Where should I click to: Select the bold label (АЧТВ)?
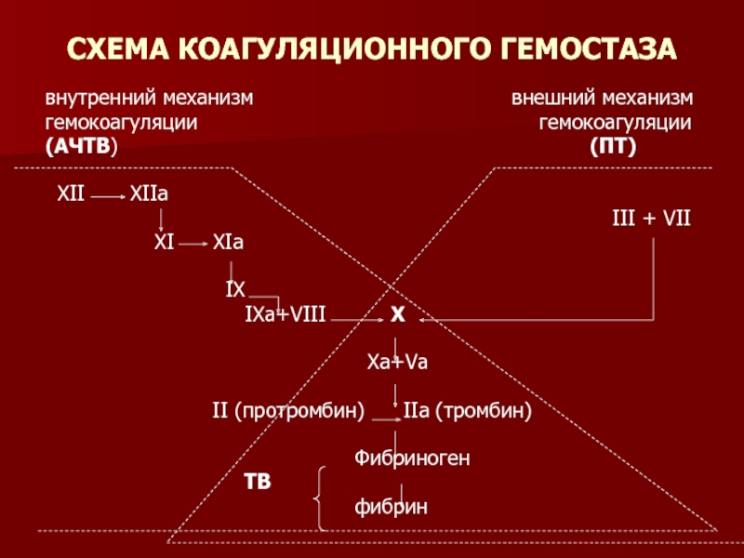82,146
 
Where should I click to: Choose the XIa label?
228,243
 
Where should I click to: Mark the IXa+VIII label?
285,315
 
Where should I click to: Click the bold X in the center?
397,316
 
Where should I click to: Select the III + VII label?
650,218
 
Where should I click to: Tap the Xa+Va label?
397,363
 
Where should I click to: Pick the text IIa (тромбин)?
467,410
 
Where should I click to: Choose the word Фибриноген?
412,458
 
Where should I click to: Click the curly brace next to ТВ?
319,498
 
